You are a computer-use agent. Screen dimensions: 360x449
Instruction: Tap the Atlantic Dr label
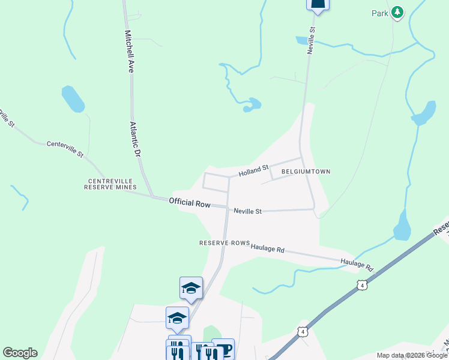coord(136,140)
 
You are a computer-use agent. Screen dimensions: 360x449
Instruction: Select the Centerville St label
coord(65,148)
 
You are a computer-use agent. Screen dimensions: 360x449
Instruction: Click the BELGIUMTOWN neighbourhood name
coord(305,172)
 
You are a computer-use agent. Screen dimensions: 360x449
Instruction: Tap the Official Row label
coord(190,203)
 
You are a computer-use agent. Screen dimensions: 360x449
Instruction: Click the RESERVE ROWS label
coord(224,243)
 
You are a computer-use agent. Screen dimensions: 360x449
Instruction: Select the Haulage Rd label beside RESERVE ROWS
coord(268,247)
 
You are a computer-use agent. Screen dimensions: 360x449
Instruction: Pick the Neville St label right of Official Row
coord(248,211)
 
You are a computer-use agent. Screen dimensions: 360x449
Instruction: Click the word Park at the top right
coord(379,13)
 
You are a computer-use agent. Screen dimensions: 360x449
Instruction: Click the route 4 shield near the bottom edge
coord(303,331)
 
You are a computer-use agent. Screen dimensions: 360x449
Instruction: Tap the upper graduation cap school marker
coord(191,288)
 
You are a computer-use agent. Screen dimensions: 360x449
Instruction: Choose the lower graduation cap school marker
coord(177,317)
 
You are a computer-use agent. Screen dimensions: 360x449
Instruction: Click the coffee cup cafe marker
coord(223,348)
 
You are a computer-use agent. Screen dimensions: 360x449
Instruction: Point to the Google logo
coord(20,353)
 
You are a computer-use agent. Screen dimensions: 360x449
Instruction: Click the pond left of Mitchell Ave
coord(73,99)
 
